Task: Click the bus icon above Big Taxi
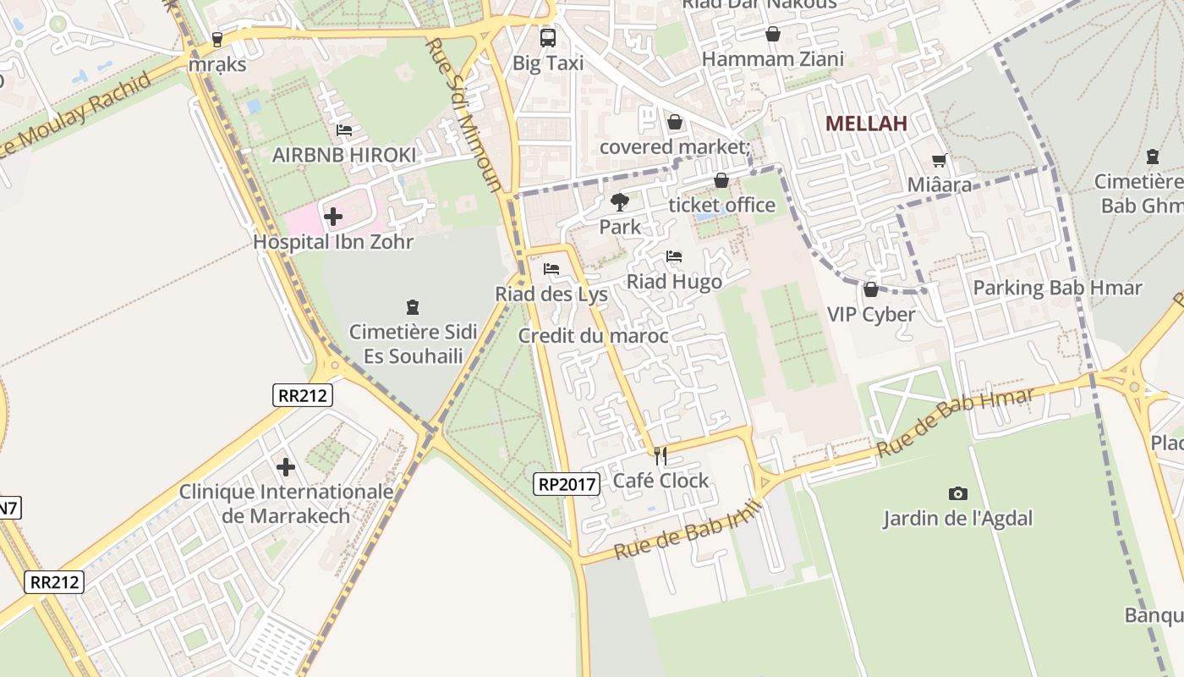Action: click(x=548, y=37)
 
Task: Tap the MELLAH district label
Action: click(x=866, y=124)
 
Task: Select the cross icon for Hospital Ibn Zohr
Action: click(x=333, y=217)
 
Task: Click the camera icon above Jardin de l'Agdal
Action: click(x=957, y=493)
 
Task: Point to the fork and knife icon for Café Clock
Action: click(x=661, y=456)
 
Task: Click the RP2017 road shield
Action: click(x=567, y=484)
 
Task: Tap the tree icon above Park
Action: click(x=620, y=201)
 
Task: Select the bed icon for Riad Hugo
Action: click(x=673, y=256)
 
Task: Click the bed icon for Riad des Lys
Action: click(x=551, y=269)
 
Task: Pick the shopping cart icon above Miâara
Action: click(x=939, y=160)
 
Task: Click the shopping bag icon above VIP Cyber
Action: click(x=870, y=289)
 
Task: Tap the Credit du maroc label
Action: click(x=593, y=336)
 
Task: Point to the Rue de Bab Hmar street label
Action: click(x=955, y=423)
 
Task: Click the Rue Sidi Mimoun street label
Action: click(x=464, y=114)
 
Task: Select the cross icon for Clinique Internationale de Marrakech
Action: click(x=286, y=466)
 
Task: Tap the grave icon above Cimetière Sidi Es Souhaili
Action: click(x=413, y=306)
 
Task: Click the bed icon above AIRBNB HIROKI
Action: click(x=344, y=129)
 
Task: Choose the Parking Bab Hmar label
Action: click(x=1057, y=288)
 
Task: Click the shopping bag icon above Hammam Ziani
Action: click(x=772, y=34)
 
